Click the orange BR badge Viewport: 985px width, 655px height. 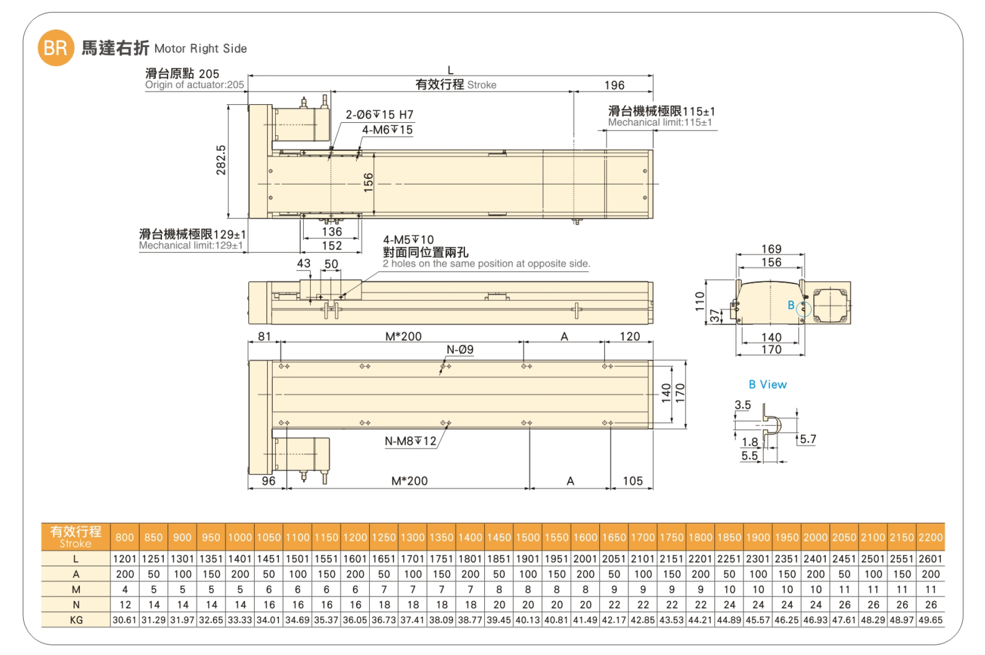[x=56, y=48]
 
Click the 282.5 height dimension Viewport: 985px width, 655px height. [x=221, y=160]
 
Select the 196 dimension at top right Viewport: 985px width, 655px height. [x=614, y=85]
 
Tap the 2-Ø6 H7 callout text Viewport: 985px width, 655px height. [x=379, y=115]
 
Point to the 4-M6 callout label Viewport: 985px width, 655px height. [x=387, y=130]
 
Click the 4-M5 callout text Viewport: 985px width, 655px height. [x=409, y=240]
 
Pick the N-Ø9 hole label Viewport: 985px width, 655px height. [x=460, y=350]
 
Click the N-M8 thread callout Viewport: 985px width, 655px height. [x=411, y=441]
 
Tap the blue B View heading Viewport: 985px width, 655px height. [x=768, y=385]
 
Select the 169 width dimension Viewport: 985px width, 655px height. [x=771, y=249]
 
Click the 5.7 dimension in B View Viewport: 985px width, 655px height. [x=808, y=439]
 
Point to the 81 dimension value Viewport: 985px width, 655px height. [x=264, y=336]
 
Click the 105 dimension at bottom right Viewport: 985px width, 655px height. [x=632, y=481]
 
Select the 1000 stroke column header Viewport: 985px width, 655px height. [x=240, y=537]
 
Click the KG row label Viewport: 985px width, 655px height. [x=76, y=620]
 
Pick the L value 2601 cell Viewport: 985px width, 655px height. [x=931, y=559]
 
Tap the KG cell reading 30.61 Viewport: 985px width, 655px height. [x=124, y=620]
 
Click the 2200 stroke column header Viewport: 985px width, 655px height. [x=931, y=537]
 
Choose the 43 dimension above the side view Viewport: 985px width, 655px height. [x=304, y=263]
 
